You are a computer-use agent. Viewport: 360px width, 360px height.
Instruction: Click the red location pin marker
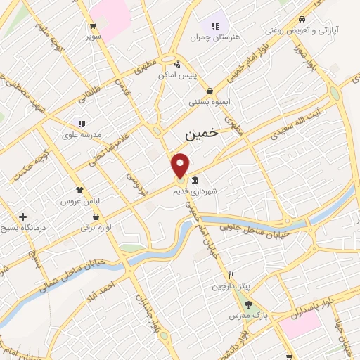click(x=181, y=165)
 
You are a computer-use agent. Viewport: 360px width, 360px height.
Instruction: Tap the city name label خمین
click(x=202, y=133)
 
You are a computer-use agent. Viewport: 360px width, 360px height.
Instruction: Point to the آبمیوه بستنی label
click(x=210, y=102)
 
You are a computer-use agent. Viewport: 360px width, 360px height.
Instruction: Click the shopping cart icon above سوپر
click(x=93, y=25)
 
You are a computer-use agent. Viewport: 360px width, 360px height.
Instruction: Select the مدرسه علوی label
click(x=82, y=134)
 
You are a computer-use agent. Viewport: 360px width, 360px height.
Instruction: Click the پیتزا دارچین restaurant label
click(x=231, y=286)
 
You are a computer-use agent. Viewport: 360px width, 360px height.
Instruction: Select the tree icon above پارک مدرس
click(x=248, y=304)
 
